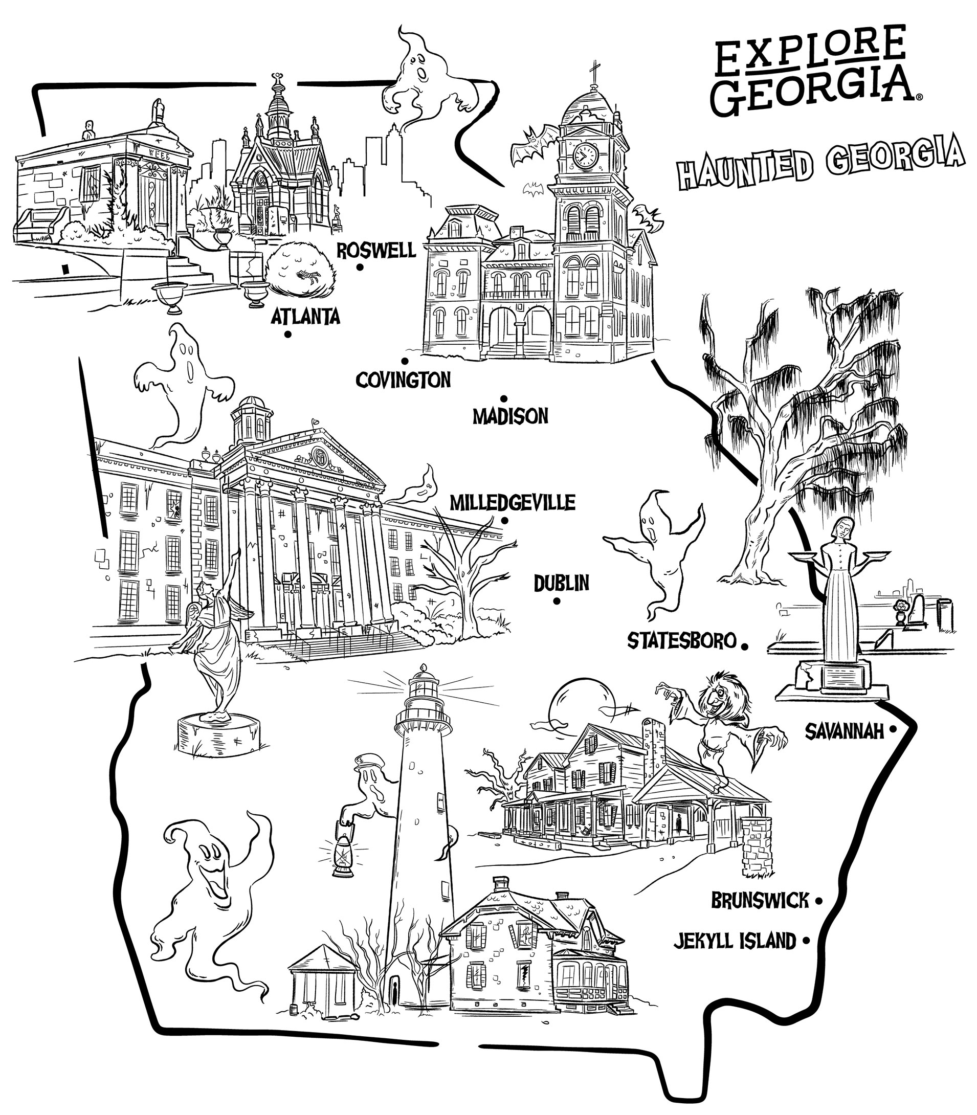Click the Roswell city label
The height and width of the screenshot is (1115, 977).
coord(376,250)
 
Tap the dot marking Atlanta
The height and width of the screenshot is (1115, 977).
coord(287,334)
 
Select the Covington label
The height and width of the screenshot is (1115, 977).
coord(404,380)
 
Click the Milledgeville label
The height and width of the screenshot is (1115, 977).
coord(512,502)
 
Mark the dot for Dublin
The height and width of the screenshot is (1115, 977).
coord(557,601)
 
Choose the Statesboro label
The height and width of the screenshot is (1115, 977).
coord(682,641)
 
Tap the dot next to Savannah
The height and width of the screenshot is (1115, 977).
coord(893,728)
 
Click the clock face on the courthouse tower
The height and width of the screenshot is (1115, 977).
coord(586,155)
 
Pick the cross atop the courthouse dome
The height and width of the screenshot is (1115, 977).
coord(594,74)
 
